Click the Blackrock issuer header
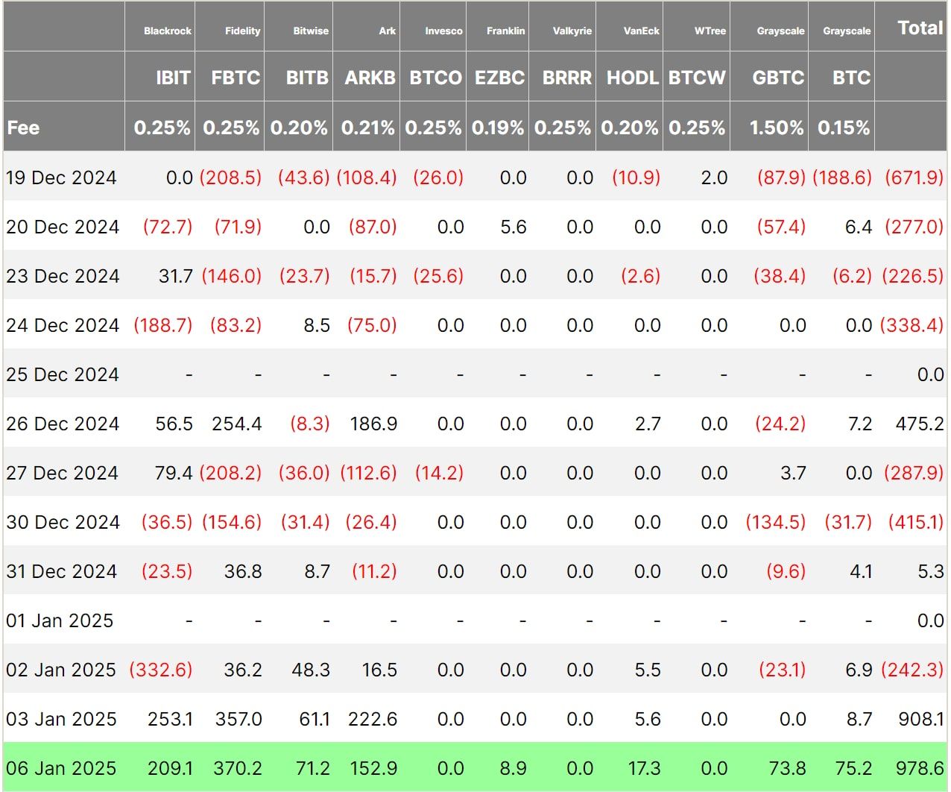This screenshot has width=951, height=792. click(168, 31)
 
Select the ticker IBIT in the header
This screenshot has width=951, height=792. click(173, 78)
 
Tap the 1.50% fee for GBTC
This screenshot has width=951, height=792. click(777, 128)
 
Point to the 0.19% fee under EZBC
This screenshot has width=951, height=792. click(497, 128)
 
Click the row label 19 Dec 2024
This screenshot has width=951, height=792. click(61, 177)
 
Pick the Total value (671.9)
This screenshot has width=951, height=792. click(914, 177)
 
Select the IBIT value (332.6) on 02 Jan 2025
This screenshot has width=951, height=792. click(161, 670)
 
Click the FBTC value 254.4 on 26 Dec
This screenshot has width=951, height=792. click(237, 424)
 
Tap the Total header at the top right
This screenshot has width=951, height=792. click(920, 28)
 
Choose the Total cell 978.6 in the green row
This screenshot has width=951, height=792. click(920, 768)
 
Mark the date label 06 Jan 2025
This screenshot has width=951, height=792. click(61, 768)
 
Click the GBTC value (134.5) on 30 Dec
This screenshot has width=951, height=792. click(776, 522)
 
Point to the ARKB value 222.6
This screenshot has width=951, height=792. click(373, 719)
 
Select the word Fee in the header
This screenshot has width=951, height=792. click(23, 128)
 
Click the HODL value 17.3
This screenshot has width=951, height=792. click(644, 768)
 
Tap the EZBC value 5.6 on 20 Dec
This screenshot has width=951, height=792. click(514, 227)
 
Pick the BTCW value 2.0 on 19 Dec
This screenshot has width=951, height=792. click(714, 177)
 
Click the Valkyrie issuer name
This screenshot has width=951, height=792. click(572, 31)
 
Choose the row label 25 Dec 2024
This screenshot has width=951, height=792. click(63, 374)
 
